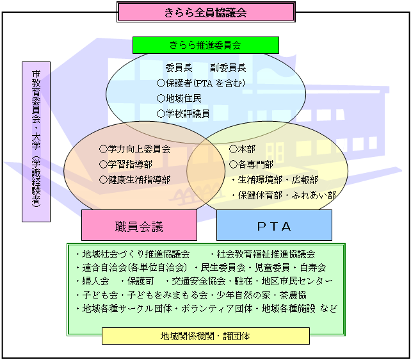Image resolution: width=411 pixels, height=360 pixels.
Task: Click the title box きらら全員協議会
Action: point(205,12)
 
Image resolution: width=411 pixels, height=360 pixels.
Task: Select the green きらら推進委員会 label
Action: point(205,45)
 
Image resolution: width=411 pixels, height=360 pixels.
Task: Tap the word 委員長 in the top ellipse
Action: point(179,67)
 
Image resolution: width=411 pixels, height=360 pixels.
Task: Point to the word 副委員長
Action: point(228,67)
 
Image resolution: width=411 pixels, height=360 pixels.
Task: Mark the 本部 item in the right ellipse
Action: point(242,149)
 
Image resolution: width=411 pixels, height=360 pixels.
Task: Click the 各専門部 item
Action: point(251,164)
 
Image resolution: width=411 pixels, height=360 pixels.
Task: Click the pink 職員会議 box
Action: point(139,225)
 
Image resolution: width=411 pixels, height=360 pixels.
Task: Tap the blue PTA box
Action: point(274,225)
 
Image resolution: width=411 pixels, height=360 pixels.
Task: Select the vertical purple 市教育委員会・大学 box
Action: point(36,142)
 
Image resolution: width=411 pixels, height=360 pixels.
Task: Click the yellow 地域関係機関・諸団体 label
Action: point(205,336)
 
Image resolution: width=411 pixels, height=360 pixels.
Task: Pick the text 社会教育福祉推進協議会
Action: point(266,254)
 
